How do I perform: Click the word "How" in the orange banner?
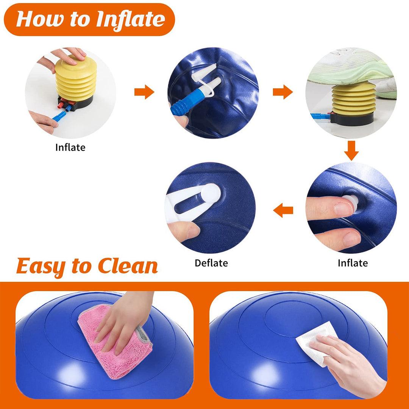click(38, 19)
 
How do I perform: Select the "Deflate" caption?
click(211, 263)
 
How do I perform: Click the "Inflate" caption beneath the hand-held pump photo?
click(70, 147)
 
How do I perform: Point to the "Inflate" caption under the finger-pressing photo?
click(353, 263)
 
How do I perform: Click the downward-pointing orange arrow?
click(351, 151)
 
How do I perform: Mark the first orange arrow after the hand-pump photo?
click(144, 92)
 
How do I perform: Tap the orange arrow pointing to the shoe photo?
click(283, 92)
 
